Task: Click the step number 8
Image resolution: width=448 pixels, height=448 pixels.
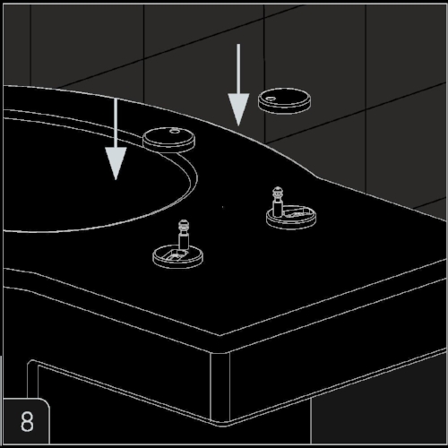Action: pyautogui.click(x=27, y=421)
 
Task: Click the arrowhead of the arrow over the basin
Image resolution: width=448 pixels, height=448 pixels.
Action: pyautogui.click(x=116, y=163)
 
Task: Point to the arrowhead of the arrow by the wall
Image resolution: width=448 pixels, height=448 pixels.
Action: pyautogui.click(x=238, y=109)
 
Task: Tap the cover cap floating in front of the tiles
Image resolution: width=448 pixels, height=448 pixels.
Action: pyautogui.click(x=284, y=100)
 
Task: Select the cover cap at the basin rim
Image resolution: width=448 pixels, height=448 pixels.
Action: pyautogui.click(x=168, y=140)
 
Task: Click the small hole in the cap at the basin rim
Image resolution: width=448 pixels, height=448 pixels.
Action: pyautogui.click(x=175, y=131)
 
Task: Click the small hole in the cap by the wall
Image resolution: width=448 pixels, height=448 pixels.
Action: pyautogui.click(x=271, y=99)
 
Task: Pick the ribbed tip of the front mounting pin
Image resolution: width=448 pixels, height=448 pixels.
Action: pyautogui.click(x=184, y=227)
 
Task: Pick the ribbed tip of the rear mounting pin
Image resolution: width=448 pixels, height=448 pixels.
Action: pyautogui.click(x=278, y=194)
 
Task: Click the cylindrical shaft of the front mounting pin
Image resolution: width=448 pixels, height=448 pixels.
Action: pyautogui.click(x=184, y=242)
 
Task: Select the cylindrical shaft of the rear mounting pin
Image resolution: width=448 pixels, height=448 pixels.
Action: pyautogui.click(x=278, y=209)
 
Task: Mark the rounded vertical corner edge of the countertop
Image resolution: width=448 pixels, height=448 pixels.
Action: pyautogui.click(x=220, y=387)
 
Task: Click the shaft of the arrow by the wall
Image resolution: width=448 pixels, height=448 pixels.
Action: pyautogui.click(x=238, y=69)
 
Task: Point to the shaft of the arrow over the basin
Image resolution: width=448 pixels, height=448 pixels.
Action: pyautogui.click(x=116, y=124)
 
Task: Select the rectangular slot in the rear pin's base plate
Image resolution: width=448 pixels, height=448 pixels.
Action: pyautogui.click(x=296, y=213)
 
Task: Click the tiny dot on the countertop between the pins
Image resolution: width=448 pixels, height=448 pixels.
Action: pyautogui.click(x=222, y=207)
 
